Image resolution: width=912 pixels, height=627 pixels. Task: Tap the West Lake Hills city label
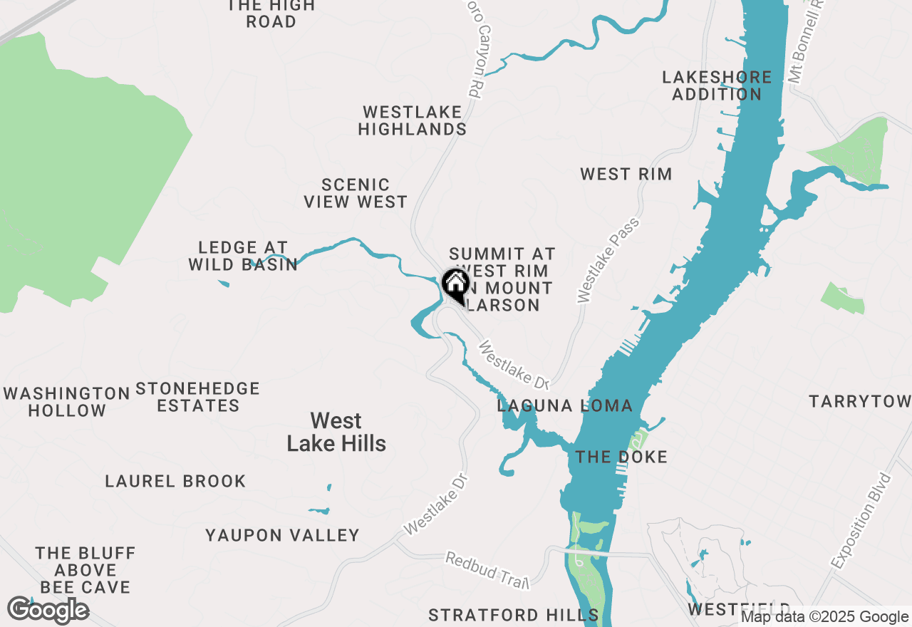point(336,432)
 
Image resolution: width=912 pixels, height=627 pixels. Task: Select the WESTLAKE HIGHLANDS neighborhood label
point(412,120)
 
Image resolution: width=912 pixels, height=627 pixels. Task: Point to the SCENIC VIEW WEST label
point(356,194)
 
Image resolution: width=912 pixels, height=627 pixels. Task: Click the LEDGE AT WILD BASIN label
point(243,256)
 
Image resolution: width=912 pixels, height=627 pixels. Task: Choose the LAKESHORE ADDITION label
point(716,85)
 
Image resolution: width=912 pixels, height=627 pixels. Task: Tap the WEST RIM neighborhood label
point(626,175)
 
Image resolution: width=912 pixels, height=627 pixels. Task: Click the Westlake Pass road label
point(608,261)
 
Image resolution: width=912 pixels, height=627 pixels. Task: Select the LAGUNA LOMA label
point(564,406)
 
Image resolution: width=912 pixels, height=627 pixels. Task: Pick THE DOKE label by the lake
point(621,457)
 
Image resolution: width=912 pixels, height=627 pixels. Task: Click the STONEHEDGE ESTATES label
point(197,398)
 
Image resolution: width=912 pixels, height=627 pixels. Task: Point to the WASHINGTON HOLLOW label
point(67,402)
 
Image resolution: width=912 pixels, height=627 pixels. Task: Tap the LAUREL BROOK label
point(175,482)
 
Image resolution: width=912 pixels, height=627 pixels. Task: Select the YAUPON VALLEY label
point(282,535)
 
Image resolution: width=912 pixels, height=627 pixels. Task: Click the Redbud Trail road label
point(488,570)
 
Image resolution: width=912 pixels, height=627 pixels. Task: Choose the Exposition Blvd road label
point(861,520)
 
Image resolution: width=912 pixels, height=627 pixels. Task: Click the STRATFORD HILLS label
point(513,615)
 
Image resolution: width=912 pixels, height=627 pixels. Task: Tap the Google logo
point(48,611)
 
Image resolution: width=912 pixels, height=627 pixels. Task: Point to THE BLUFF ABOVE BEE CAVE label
point(85,570)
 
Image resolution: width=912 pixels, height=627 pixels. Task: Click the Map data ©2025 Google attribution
point(824,617)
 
